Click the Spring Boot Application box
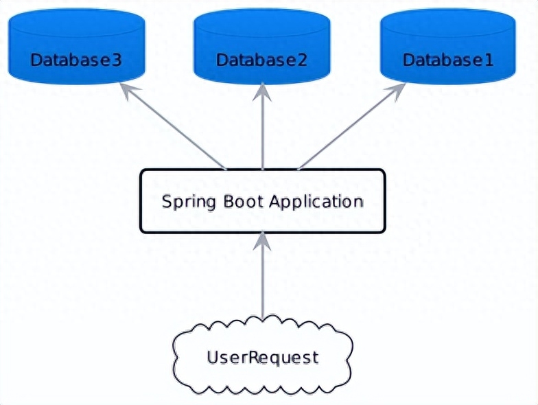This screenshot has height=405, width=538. [x=262, y=201]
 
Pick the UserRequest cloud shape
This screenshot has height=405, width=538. [x=262, y=357]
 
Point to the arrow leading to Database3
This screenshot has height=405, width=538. [x=175, y=127]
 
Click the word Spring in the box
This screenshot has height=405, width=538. [x=183, y=202]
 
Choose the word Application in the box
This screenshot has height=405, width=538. [x=316, y=202]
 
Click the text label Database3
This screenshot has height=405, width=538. [x=76, y=60]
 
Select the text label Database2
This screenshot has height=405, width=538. [x=262, y=60]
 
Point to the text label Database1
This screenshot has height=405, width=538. [x=448, y=60]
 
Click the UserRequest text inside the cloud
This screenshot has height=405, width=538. [x=263, y=358]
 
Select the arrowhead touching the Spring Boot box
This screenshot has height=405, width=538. [x=262, y=240]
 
